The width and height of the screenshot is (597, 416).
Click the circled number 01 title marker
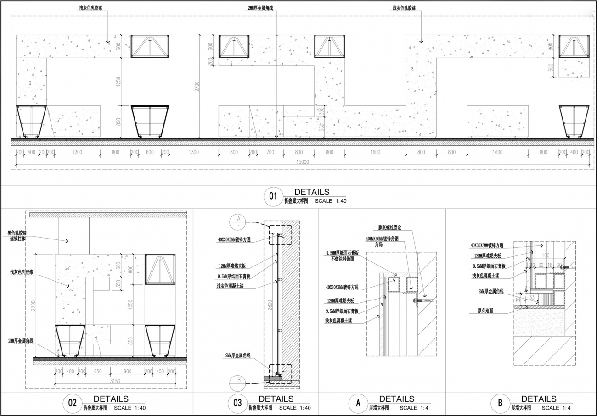click(x=273, y=197)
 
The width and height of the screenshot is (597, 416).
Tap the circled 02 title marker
click(x=72, y=403)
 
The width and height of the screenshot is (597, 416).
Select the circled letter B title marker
click(x=499, y=404)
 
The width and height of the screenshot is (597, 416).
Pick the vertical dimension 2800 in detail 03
click(x=270, y=303)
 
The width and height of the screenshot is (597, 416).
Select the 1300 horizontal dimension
click(x=194, y=152)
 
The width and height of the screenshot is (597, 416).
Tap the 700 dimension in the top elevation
click(x=270, y=152)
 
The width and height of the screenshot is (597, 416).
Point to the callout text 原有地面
click(x=482, y=311)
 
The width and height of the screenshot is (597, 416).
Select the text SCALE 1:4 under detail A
click(x=414, y=408)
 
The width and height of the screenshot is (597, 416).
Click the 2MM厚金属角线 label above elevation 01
click(x=260, y=8)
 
